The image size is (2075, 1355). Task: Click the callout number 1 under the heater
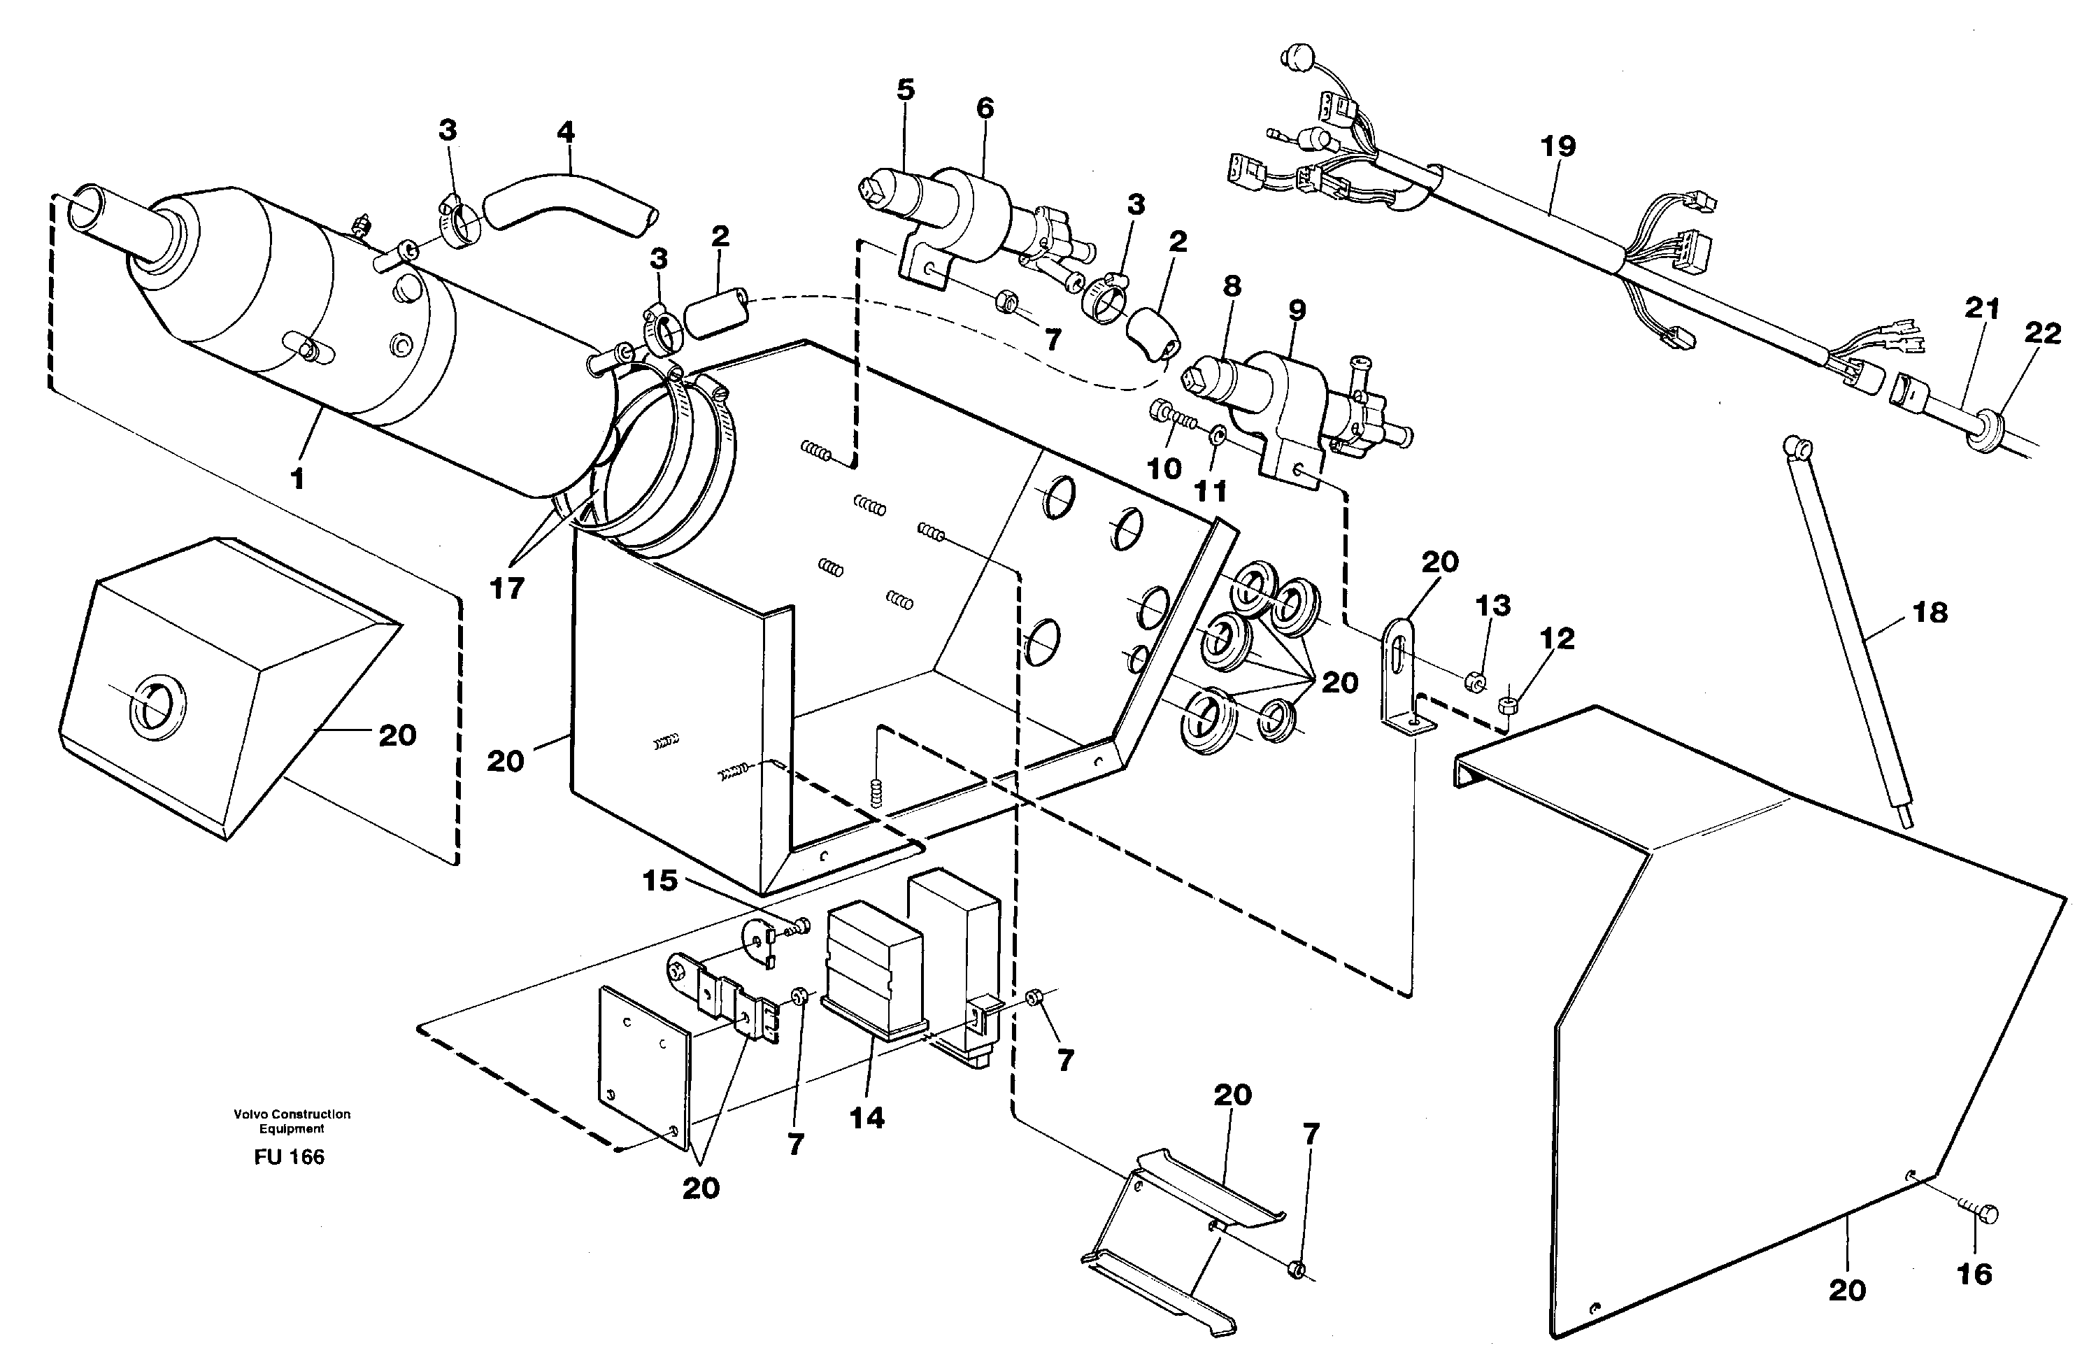pos(297,478)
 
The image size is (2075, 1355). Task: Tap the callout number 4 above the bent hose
pos(565,132)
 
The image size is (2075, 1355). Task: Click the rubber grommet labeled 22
pos(1986,431)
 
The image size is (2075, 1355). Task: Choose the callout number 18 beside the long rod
pos(1930,612)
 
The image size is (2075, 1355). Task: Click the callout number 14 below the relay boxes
pos(867,1118)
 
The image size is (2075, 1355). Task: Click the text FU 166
pos(290,1157)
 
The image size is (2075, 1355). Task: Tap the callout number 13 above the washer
pos(1492,604)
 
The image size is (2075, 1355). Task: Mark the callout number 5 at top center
pos(906,90)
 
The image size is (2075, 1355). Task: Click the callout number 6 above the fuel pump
pos(984,108)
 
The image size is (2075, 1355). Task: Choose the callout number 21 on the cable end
pos(1981,308)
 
